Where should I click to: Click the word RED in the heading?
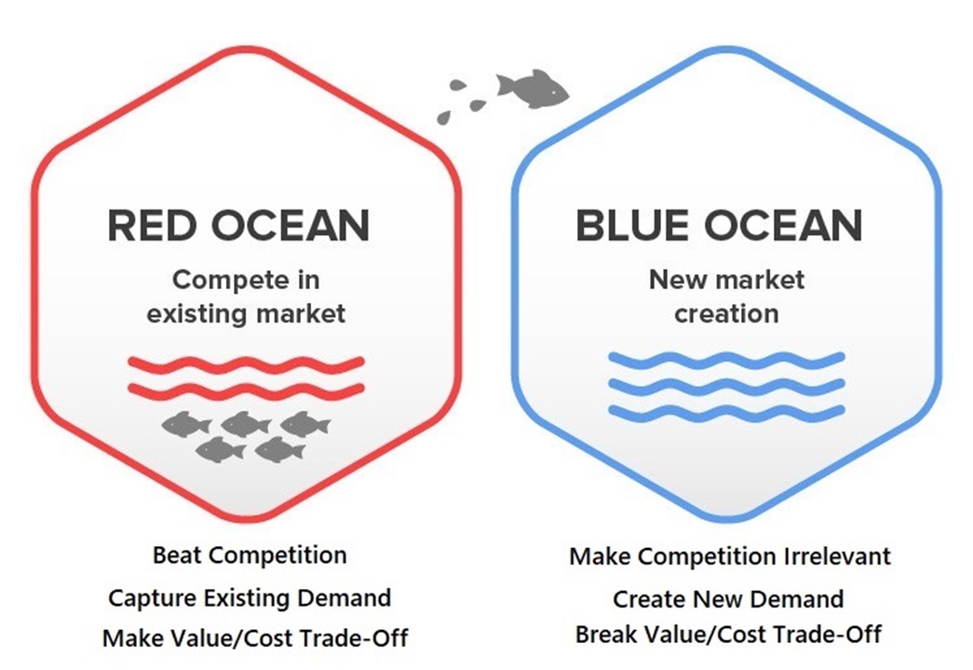tap(151, 226)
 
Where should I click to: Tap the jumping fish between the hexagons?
tap(532, 89)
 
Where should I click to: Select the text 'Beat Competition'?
tap(250, 555)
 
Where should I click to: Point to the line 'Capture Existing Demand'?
tap(250, 598)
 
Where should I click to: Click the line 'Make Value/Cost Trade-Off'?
tap(255, 637)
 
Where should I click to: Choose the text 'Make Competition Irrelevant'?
tap(730, 556)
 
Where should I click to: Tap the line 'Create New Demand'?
tap(728, 599)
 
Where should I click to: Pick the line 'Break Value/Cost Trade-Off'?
tap(728, 635)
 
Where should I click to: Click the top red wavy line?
tap(246, 363)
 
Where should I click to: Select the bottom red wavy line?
tap(246, 390)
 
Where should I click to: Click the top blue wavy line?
tap(726, 360)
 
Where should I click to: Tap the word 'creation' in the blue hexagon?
tap(726, 314)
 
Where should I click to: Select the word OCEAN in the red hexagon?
tap(291, 226)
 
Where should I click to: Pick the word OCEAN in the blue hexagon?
tap(784, 226)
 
